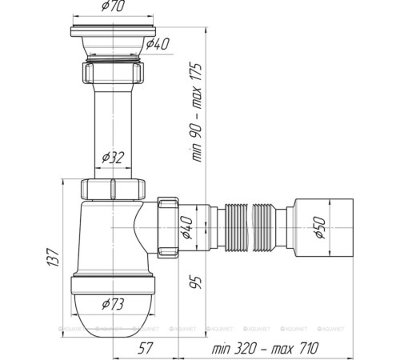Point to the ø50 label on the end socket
click(318, 228)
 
